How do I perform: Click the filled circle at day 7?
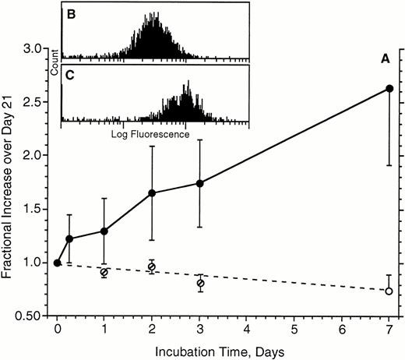(389, 88)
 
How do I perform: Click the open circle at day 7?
(389, 291)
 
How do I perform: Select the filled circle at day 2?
(152, 192)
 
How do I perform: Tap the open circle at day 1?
(104, 273)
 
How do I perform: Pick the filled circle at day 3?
(200, 183)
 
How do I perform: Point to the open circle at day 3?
(200, 283)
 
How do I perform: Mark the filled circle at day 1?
(104, 231)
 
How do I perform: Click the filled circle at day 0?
(57, 263)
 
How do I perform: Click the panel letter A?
(385, 57)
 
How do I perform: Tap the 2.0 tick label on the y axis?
(37, 156)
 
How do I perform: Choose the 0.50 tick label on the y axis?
(33, 316)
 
